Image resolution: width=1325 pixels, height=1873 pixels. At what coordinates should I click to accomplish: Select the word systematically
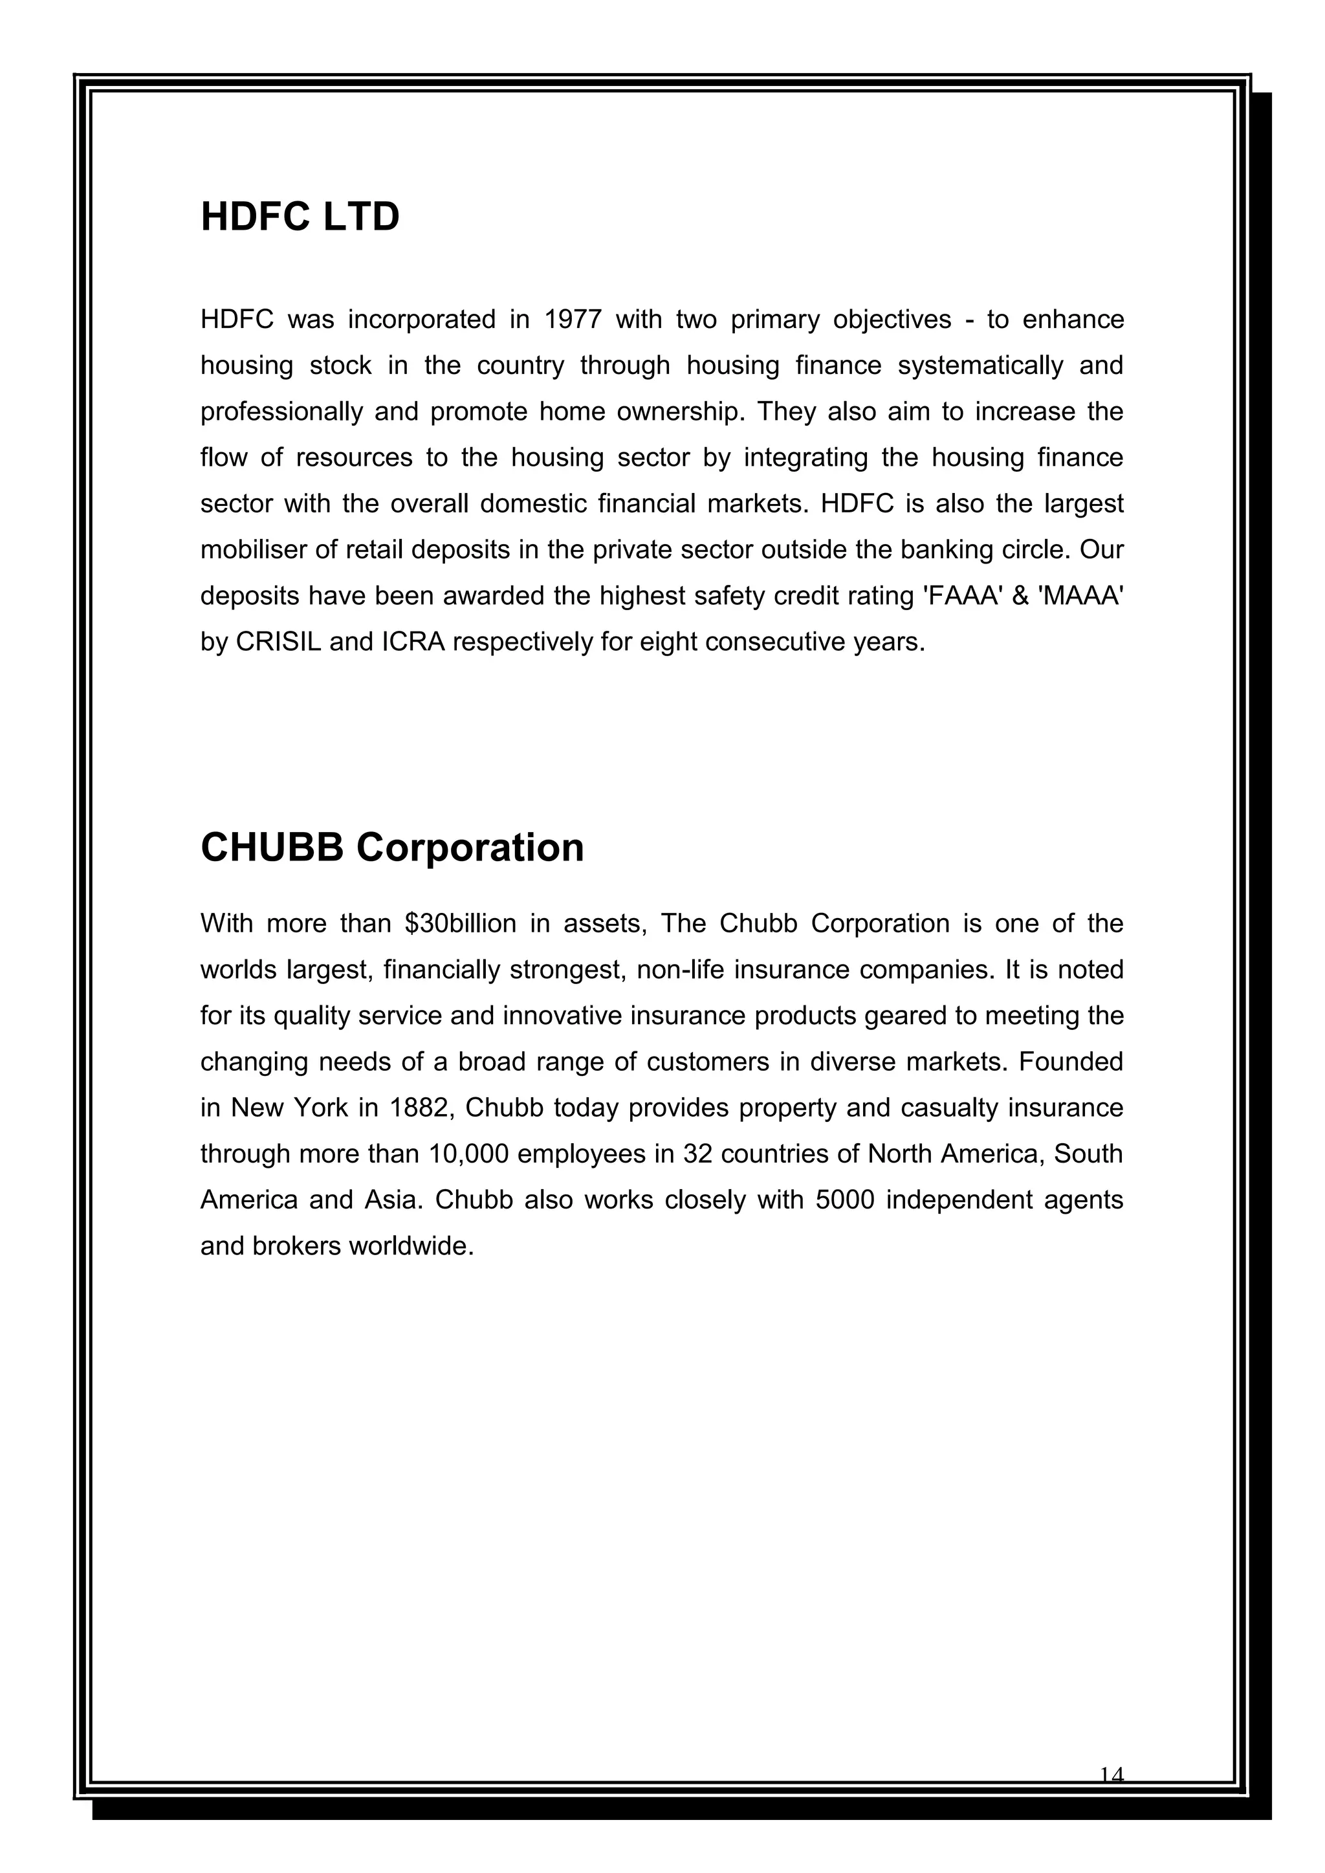981,365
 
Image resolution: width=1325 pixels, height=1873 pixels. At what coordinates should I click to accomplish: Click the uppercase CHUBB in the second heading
272,848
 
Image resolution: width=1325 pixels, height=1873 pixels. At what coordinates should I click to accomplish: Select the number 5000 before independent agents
844,1200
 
